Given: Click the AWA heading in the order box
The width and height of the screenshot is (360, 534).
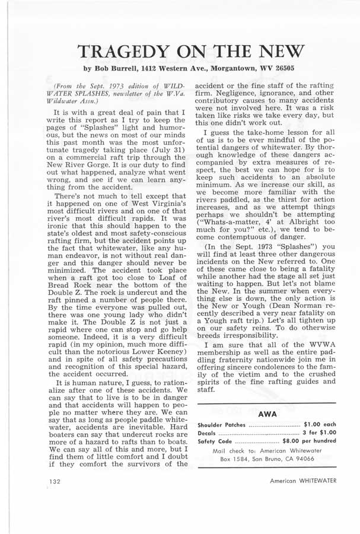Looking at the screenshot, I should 266,414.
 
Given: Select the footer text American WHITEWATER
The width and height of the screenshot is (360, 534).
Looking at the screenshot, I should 301,482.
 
